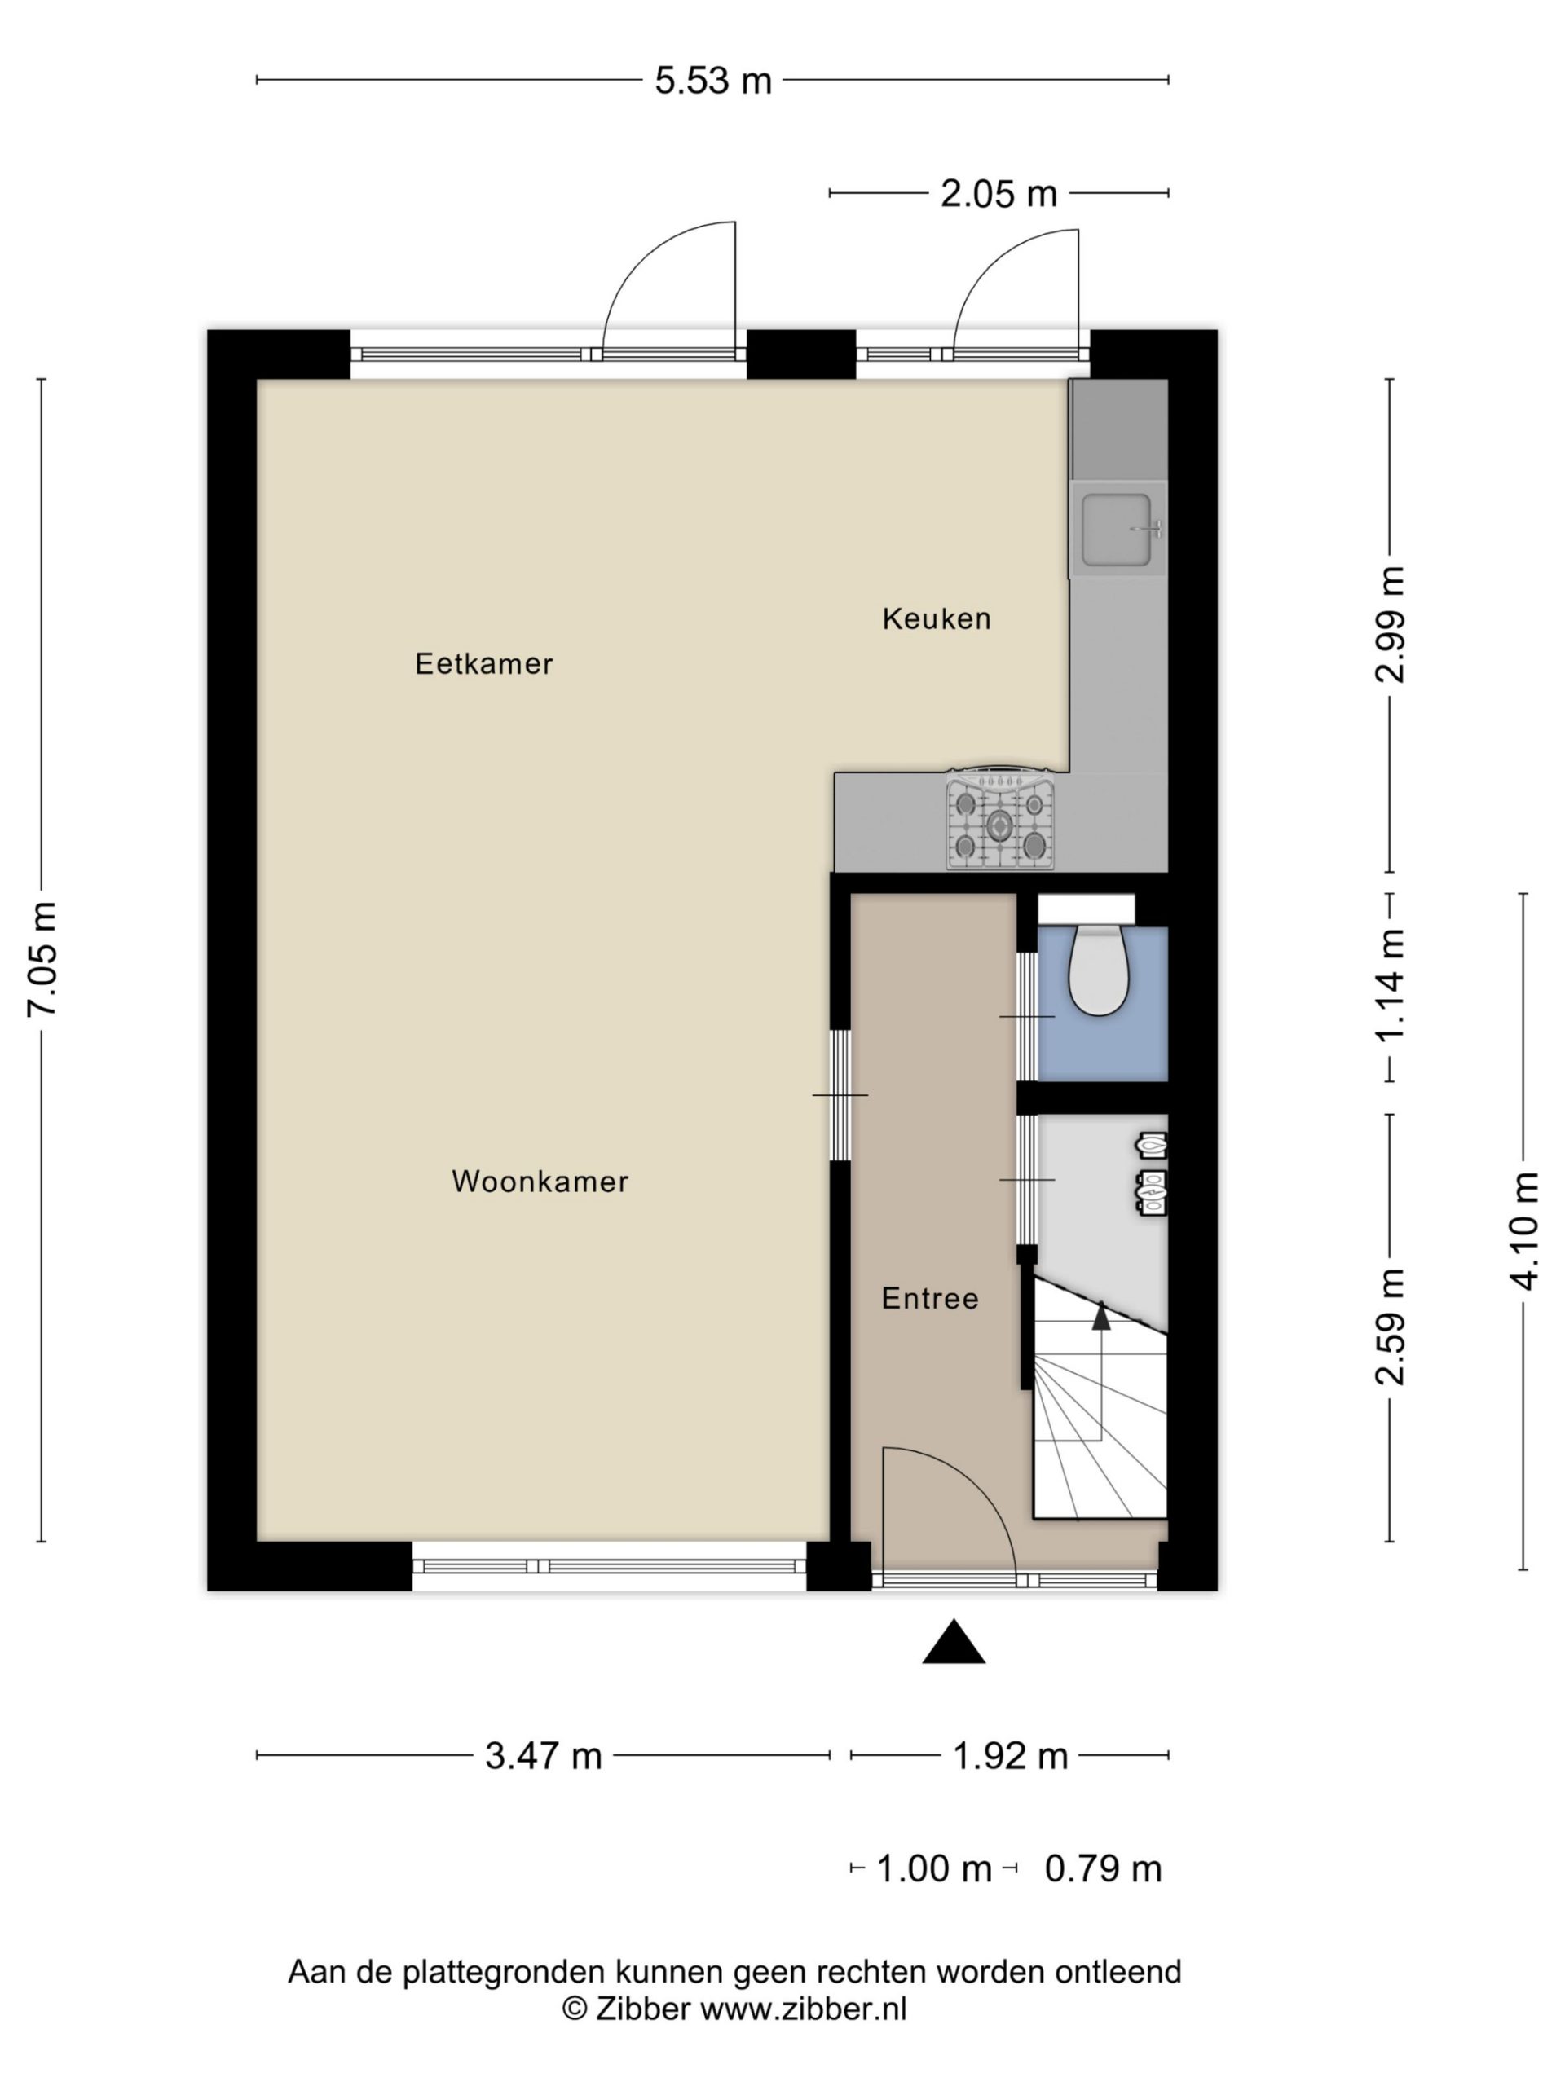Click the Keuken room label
[x=936, y=618]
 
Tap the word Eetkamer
[x=484, y=664]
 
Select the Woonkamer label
[x=540, y=1182]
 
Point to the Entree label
[x=930, y=1299]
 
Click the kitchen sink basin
[x=1118, y=530]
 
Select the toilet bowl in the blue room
[x=1099, y=970]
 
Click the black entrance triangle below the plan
[x=954, y=1641]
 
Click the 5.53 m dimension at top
[x=713, y=81]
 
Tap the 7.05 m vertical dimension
[x=42, y=959]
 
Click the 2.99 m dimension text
[x=1391, y=624]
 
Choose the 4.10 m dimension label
[x=1523, y=1230]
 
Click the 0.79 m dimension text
[x=1103, y=1869]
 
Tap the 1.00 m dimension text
[x=934, y=1869]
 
